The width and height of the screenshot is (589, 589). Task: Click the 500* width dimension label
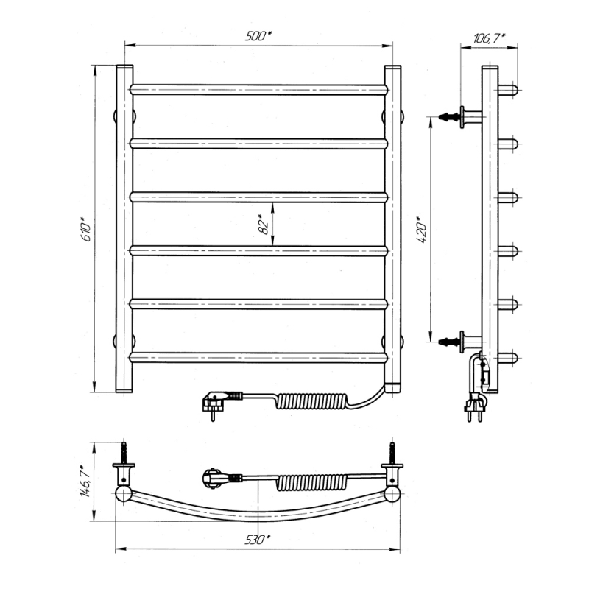pyautogui.click(x=258, y=36)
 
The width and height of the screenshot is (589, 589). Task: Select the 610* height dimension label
pyautogui.click(x=85, y=229)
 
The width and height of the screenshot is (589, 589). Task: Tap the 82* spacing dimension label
pyautogui.click(x=264, y=225)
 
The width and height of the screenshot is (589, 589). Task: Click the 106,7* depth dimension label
pyautogui.click(x=489, y=38)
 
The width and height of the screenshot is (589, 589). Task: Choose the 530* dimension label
pyautogui.click(x=258, y=540)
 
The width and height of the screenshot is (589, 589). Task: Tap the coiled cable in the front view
pyautogui.click(x=311, y=401)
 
